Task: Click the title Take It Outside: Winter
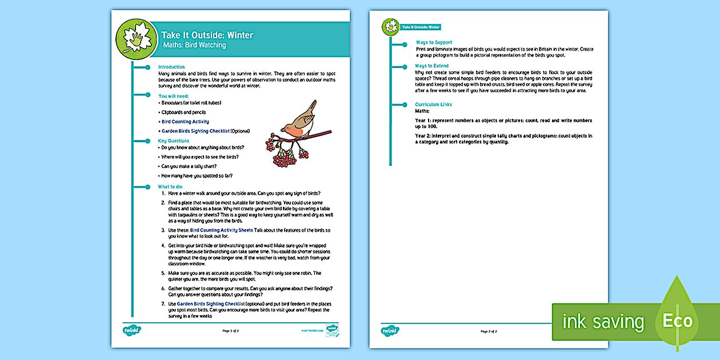[207, 35]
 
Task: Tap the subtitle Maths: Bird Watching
[194, 45]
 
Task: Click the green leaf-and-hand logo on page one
[136, 39]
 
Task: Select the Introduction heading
[171, 67]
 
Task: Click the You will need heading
[173, 96]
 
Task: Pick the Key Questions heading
[173, 141]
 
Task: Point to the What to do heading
[171, 186]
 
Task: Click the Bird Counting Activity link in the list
[185, 122]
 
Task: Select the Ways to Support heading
[434, 42]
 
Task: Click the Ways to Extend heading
[432, 66]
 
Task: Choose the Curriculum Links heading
[433, 105]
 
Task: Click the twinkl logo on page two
[390, 330]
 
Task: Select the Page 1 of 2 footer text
[230, 331]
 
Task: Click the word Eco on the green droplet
[677, 321]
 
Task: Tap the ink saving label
[603, 322]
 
